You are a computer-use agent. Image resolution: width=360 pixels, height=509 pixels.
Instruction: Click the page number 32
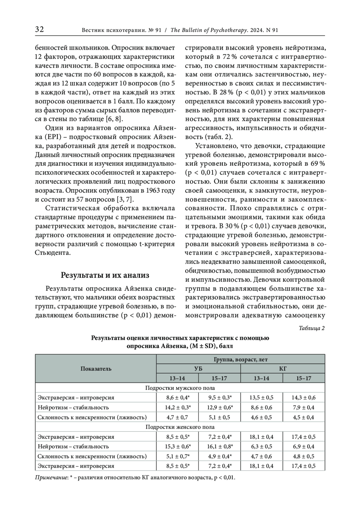click(x=40, y=29)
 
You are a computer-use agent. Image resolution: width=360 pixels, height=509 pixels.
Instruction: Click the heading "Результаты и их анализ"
click(x=105, y=275)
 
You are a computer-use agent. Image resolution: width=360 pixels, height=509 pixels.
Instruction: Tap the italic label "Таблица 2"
click(x=312, y=328)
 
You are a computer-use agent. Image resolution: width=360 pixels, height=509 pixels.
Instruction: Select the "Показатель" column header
click(x=96, y=369)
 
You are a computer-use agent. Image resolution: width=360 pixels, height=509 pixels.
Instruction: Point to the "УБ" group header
click(x=198, y=369)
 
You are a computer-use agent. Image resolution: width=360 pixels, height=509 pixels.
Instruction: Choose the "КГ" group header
click(x=283, y=369)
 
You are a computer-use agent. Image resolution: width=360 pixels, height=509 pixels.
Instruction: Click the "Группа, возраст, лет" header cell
click(x=241, y=359)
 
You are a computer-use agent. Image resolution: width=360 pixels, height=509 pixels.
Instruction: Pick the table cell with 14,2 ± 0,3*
click(x=178, y=407)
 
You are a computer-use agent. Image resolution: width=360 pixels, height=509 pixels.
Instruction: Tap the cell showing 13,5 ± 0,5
click(x=262, y=398)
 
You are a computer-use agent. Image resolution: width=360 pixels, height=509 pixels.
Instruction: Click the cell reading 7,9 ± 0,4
click(x=304, y=407)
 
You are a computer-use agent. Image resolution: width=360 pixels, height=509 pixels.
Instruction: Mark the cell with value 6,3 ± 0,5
click(x=262, y=446)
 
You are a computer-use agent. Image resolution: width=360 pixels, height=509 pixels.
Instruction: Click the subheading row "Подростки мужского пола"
click(x=180, y=388)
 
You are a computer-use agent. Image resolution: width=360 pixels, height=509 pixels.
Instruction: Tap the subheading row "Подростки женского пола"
click(x=180, y=427)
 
